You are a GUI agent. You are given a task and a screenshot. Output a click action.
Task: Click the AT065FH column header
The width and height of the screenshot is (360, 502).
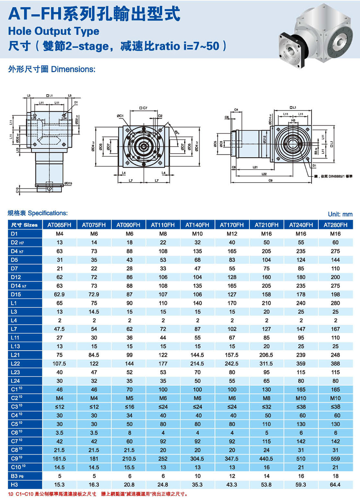pos(59,225)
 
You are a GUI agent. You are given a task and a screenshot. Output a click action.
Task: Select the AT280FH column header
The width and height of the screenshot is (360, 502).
pos(336,225)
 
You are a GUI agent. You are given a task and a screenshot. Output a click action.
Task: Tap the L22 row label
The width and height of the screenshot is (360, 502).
pos(15,364)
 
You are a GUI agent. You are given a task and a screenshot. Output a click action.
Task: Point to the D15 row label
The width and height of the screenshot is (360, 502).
pos(16,294)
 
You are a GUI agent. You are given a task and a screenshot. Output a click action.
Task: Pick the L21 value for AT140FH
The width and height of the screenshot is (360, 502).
pos(197,355)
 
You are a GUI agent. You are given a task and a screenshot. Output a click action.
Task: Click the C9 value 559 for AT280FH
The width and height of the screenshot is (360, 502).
pos(336,459)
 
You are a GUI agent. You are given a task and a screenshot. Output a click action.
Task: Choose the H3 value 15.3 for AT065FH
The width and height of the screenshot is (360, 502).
pos(59,485)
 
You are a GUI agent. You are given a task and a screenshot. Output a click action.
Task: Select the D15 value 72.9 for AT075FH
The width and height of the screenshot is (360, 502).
pos(94,294)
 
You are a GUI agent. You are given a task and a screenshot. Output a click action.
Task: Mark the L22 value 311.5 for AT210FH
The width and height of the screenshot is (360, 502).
pos(266,364)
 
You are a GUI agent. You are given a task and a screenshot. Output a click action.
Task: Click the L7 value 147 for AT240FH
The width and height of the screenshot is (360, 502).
pos(301,329)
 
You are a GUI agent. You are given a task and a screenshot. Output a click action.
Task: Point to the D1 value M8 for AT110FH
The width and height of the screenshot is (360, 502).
pos(163,234)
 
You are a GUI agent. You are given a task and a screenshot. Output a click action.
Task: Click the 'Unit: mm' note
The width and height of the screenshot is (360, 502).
pos(340,214)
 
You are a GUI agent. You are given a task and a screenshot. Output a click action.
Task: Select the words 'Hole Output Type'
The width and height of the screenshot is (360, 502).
pos(54,31)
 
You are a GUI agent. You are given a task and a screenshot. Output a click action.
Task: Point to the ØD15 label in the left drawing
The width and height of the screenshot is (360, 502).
pos(68,183)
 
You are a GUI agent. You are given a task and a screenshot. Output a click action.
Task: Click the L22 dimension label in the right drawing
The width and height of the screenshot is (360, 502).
pos(264,174)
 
